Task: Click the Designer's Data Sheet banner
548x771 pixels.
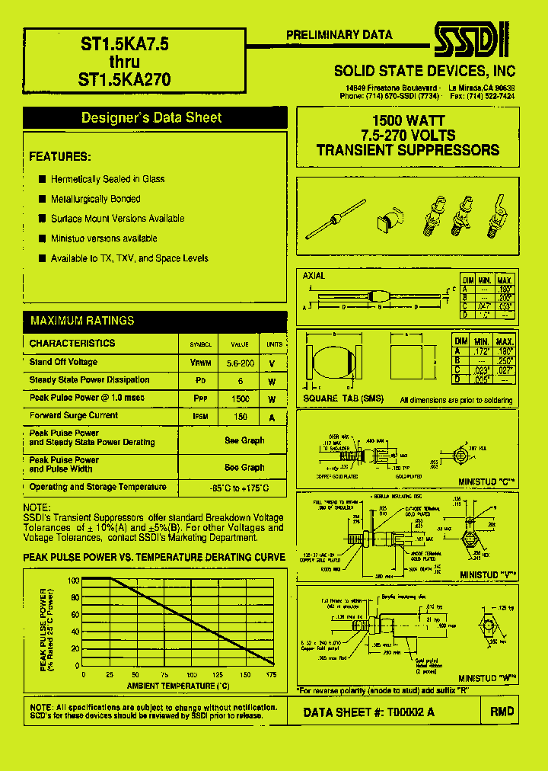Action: pos(151,117)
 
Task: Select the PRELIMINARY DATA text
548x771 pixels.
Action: pos(339,35)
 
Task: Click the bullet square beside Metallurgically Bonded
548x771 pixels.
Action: pos(43,199)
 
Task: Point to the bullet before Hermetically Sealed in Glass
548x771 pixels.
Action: pos(43,179)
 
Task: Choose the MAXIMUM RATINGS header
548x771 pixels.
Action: pos(82,321)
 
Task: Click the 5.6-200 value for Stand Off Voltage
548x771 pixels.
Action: pos(240,363)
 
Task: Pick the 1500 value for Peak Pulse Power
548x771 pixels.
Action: pos(240,398)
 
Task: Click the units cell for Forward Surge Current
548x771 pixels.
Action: pos(272,417)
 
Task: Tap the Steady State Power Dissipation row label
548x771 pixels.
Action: pos(89,380)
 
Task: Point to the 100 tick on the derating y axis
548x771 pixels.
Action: pos(74,580)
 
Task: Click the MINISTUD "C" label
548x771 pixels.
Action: pos(488,481)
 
